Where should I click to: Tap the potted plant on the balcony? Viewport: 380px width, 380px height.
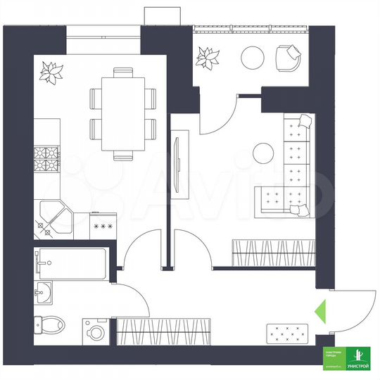click(208, 55)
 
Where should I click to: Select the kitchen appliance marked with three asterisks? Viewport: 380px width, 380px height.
click(103, 227)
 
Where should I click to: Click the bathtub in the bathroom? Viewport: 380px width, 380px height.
click(70, 262)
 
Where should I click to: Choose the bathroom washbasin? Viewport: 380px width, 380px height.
click(44, 291)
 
